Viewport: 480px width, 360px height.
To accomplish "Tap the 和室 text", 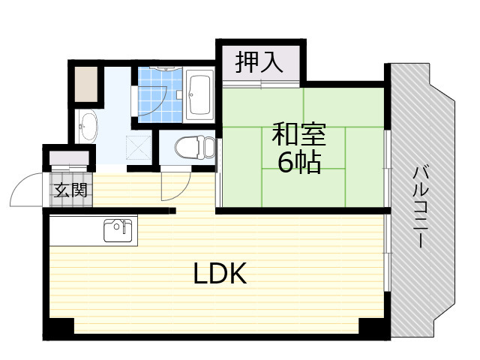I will coord(298,135).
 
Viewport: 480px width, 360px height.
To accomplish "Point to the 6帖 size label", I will coord(299,162).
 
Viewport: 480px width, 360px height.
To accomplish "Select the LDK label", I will coord(220,274).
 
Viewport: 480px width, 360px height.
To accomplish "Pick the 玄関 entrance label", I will coord(69,189).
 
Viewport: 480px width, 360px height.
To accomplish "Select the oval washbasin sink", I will coord(87,126).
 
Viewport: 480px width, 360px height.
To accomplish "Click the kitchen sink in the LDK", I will coord(118,230).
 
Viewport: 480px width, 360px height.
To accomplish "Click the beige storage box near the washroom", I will coord(86,85).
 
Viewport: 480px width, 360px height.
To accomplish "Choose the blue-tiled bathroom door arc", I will coord(153,105).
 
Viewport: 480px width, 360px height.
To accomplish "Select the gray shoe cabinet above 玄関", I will coord(69,158).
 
